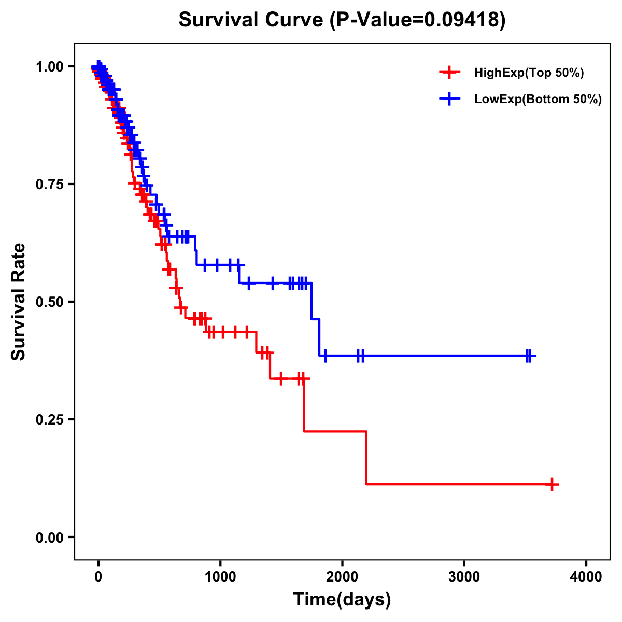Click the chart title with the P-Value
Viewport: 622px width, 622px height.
pyautogui.click(x=342, y=20)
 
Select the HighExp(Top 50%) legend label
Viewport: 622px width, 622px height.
pyautogui.click(x=529, y=73)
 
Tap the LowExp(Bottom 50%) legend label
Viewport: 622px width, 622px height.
pyautogui.click(x=538, y=100)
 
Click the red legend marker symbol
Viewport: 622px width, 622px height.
pyautogui.click(x=449, y=73)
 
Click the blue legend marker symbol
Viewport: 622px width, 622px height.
pyautogui.click(x=449, y=99)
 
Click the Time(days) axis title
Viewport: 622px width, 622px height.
pyautogui.click(x=342, y=600)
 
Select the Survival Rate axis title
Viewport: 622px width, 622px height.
pyautogui.click(x=19, y=301)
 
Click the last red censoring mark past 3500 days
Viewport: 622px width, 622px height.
pyautogui.click(x=553, y=485)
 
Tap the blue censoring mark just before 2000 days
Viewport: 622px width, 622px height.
pyautogui.click(x=325, y=356)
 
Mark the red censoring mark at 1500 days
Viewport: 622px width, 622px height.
pyautogui.click(x=280, y=379)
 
